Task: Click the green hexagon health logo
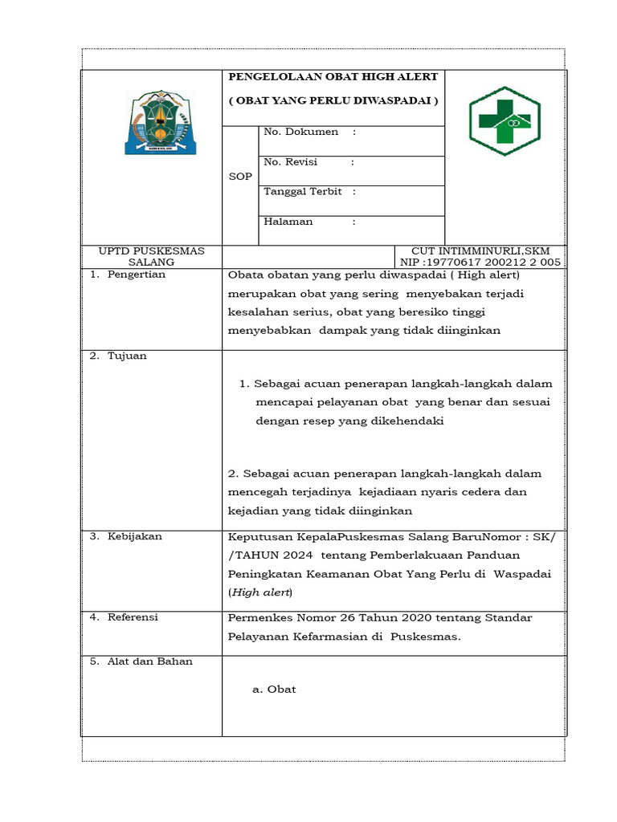tap(505, 121)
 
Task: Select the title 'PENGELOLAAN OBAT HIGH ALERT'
tap(333, 77)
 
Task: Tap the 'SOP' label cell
tap(240, 177)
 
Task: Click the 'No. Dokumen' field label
tap(301, 132)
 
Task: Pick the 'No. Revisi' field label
tap(291, 162)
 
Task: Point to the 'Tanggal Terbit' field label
tap(303, 192)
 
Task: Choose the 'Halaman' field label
tap(288, 222)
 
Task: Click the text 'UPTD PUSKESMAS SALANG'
tap(151, 257)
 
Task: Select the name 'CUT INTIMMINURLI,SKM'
tap(486, 251)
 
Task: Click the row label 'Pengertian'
tap(137, 275)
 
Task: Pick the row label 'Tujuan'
tap(127, 356)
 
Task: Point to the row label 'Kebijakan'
tap(135, 536)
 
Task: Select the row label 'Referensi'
tap(133, 617)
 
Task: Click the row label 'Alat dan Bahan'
tap(150, 661)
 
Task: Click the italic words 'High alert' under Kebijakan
tap(261, 592)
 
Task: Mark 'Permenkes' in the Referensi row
tap(256, 617)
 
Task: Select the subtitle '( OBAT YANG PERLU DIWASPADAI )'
tap(333, 101)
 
